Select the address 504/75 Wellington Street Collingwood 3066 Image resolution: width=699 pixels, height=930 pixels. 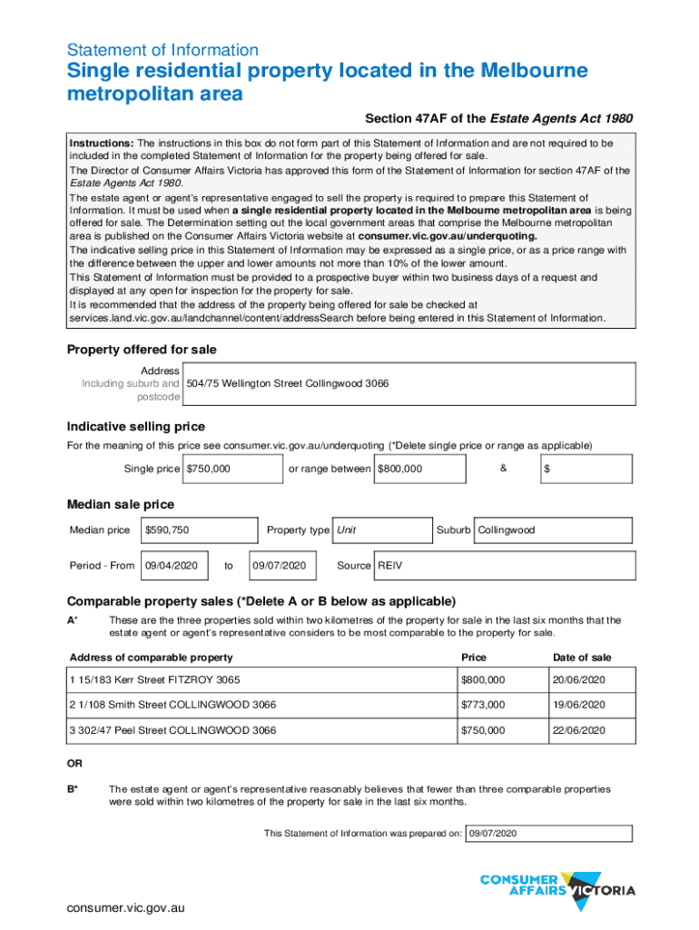[288, 384]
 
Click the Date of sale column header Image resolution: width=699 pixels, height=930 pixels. [582, 658]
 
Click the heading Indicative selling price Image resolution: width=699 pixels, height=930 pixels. [136, 427]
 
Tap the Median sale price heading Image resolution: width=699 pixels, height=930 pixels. [121, 504]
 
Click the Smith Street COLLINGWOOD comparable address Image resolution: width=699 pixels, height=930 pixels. [172, 705]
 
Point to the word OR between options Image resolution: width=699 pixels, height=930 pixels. [75, 764]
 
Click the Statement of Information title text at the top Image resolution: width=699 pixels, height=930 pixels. [162, 50]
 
